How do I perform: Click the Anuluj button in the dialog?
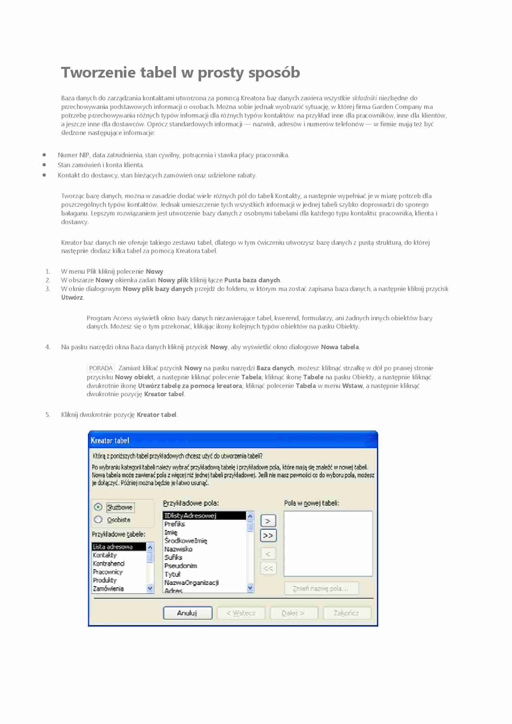tap(187, 613)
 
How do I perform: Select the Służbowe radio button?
tap(98, 507)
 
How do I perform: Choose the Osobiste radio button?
tap(98, 520)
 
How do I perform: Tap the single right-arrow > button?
tap(268, 521)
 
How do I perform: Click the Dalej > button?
tap(294, 613)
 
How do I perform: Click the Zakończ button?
tap(347, 613)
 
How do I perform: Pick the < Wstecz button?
tap(241, 613)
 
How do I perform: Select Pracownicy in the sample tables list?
tap(108, 572)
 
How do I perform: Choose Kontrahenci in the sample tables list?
tap(109, 563)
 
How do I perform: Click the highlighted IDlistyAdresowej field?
tap(190, 516)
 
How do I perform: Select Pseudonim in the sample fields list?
tap(181, 566)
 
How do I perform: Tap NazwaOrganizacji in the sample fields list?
tap(192, 582)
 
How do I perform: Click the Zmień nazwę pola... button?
tap(321, 589)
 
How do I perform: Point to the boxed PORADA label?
tap(101, 368)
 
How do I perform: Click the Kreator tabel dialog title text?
tap(110, 440)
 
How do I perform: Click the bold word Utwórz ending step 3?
tap(72, 298)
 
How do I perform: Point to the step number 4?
tap(48, 347)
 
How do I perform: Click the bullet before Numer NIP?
tap(44, 155)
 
